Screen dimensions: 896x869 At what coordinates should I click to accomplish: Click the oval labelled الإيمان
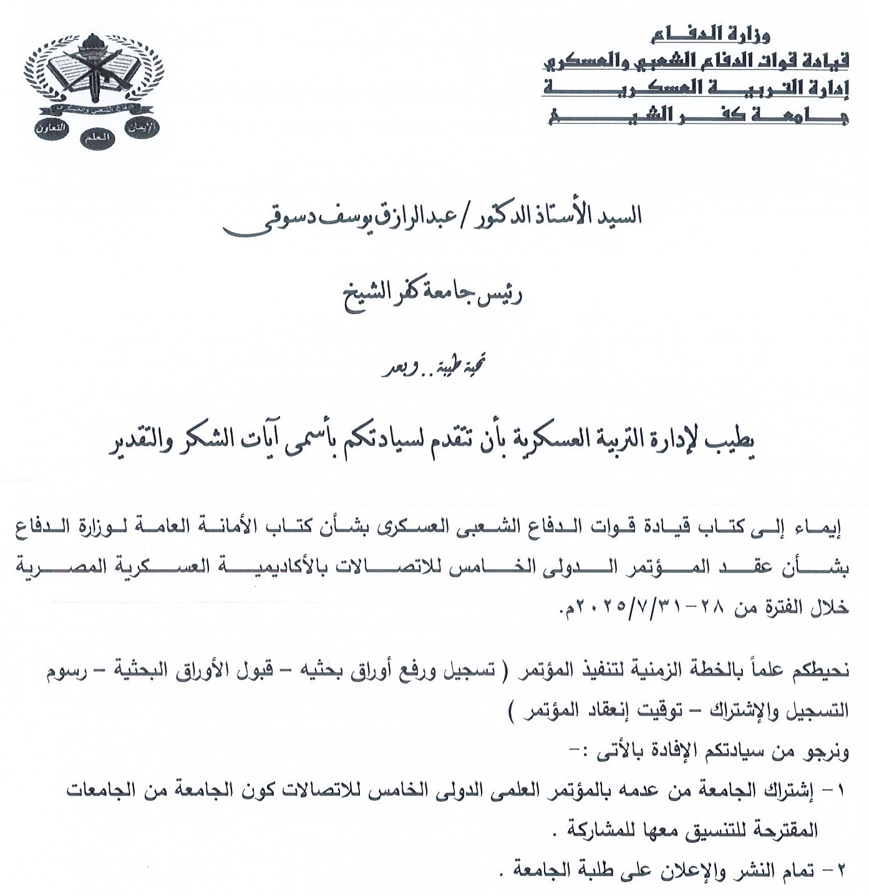[x=142, y=127]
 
